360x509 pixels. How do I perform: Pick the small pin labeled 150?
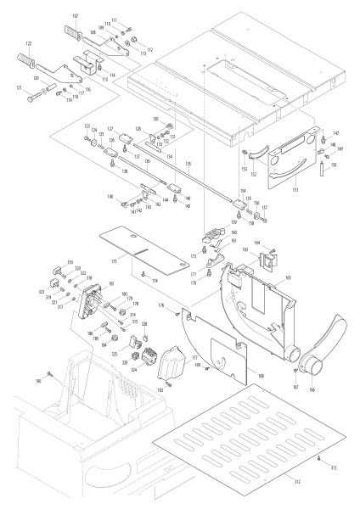coord(323,166)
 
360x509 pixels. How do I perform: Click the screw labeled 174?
coord(144,273)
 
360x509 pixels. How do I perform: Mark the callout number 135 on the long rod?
coord(188,163)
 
